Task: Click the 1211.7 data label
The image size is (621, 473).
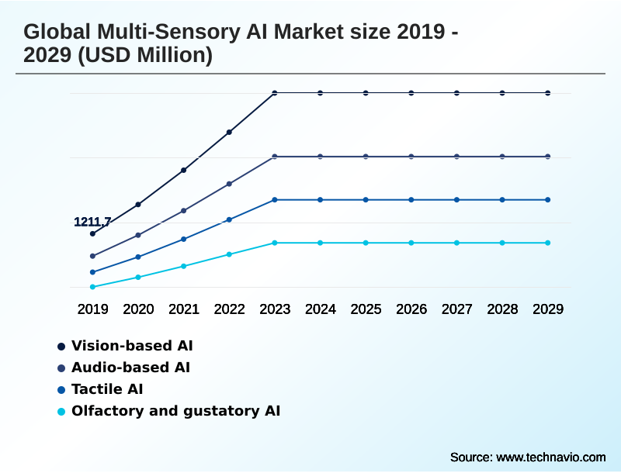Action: (x=92, y=222)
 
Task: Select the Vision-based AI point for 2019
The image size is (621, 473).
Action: (x=92, y=233)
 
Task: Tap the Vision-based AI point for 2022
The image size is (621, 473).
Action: (x=229, y=132)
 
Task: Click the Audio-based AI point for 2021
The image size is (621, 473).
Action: (x=184, y=210)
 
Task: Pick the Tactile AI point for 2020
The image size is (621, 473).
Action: (x=138, y=257)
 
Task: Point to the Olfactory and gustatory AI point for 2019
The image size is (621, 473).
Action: (x=92, y=287)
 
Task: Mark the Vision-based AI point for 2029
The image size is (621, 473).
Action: (x=548, y=93)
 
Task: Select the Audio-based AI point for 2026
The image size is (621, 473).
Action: (x=411, y=157)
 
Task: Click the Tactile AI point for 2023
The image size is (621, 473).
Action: (x=275, y=200)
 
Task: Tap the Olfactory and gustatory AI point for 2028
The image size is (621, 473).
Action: (x=502, y=243)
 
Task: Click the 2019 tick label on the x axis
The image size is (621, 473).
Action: (x=92, y=309)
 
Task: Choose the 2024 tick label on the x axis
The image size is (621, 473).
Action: (x=321, y=309)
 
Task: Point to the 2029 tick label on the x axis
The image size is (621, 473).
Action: (x=548, y=309)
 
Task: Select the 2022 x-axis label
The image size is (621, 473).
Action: (x=229, y=309)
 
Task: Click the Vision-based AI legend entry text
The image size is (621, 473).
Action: (x=132, y=345)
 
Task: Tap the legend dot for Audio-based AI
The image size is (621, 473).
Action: (x=61, y=368)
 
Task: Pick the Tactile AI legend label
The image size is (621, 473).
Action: (x=107, y=389)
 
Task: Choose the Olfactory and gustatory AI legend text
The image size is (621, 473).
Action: (x=175, y=411)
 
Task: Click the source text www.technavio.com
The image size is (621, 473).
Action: (x=551, y=457)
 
